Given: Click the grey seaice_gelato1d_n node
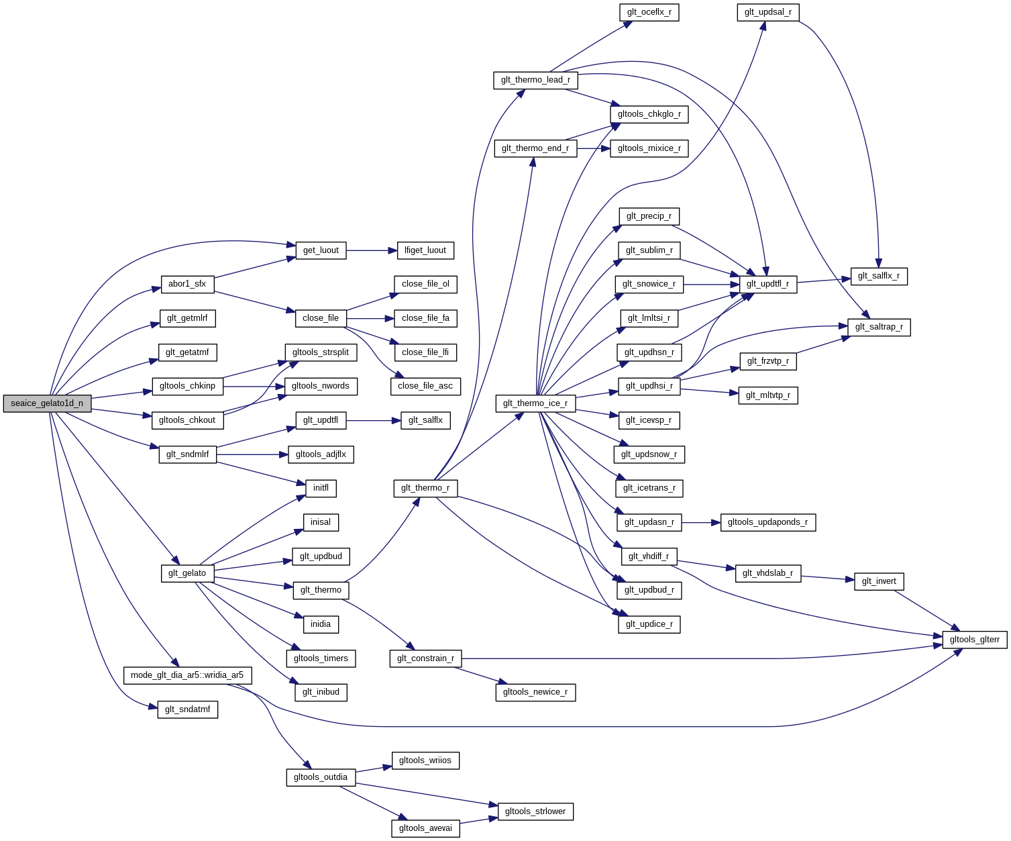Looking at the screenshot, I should tap(47, 403).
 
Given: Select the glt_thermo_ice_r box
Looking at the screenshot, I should tap(535, 403).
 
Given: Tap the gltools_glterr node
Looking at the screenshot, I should tap(974, 640).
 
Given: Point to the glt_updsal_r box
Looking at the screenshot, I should tap(767, 12).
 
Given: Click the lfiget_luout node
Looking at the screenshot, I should tap(425, 250).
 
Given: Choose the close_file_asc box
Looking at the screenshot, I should tap(425, 386).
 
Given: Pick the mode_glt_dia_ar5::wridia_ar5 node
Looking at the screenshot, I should tap(187, 675).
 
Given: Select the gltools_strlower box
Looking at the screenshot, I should tap(535, 811).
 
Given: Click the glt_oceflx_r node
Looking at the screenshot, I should tap(649, 12).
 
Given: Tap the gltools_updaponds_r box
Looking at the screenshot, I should tap(767, 522).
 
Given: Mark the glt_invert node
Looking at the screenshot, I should tap(879, 581).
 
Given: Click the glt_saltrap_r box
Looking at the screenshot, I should tap(879, 327).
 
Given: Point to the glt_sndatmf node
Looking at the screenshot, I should tap(188, 709).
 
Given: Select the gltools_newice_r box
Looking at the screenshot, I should tap(535, 692).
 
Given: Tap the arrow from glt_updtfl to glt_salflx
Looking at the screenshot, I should tap(373, 421).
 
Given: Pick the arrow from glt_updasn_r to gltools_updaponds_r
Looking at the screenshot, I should tap(701, 522).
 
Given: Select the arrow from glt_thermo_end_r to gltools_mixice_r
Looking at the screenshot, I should tap(593, 148).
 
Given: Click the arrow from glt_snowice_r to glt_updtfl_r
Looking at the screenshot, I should tap(711, 285).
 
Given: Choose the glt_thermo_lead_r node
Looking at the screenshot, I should tap(535, 80).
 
